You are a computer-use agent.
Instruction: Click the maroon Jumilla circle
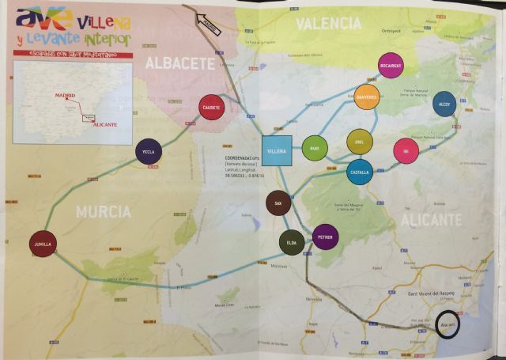click(43, 244)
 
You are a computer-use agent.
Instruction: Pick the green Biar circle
click(314, 147)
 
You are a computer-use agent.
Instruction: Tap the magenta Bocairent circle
click(391, 65)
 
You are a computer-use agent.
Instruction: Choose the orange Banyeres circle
click(367, 97)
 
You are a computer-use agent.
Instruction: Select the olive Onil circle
click(360, 142)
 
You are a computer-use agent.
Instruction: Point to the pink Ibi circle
click(406, 150)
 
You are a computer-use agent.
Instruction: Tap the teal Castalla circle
click(360, 172)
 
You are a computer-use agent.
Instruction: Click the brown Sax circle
click(278, 203)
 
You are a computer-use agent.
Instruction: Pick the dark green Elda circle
click(292, 243)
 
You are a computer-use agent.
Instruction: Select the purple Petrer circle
click(325, 237)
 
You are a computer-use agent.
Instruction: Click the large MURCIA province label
click(103, 211)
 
